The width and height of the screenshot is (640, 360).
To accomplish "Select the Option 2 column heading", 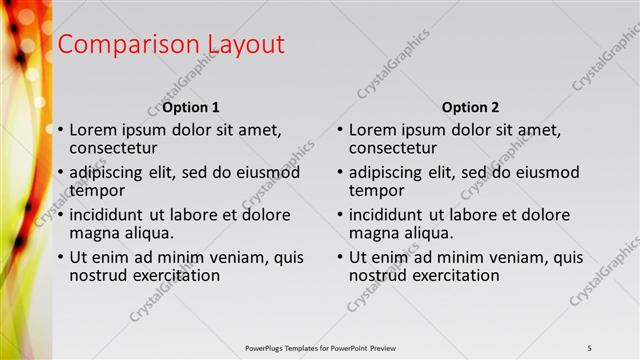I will pyautogui.click(x=470, y=107).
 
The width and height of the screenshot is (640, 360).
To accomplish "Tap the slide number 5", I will pyautogui.click(x=590, y=347).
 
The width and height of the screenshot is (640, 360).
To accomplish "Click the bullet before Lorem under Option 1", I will pyautogui.click(x=60, y=130).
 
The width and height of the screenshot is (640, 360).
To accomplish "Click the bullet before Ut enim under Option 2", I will pyautogui.click(x=340, y=257).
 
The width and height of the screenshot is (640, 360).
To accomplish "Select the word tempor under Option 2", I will pyautogui.click(x=377, y=190).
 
